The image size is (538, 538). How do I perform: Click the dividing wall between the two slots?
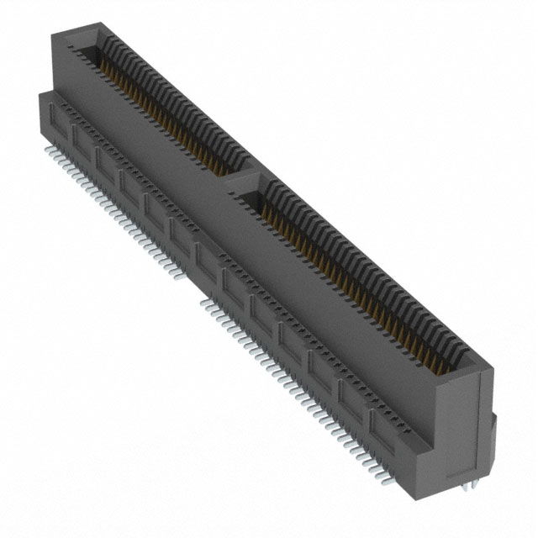[244, 178]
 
